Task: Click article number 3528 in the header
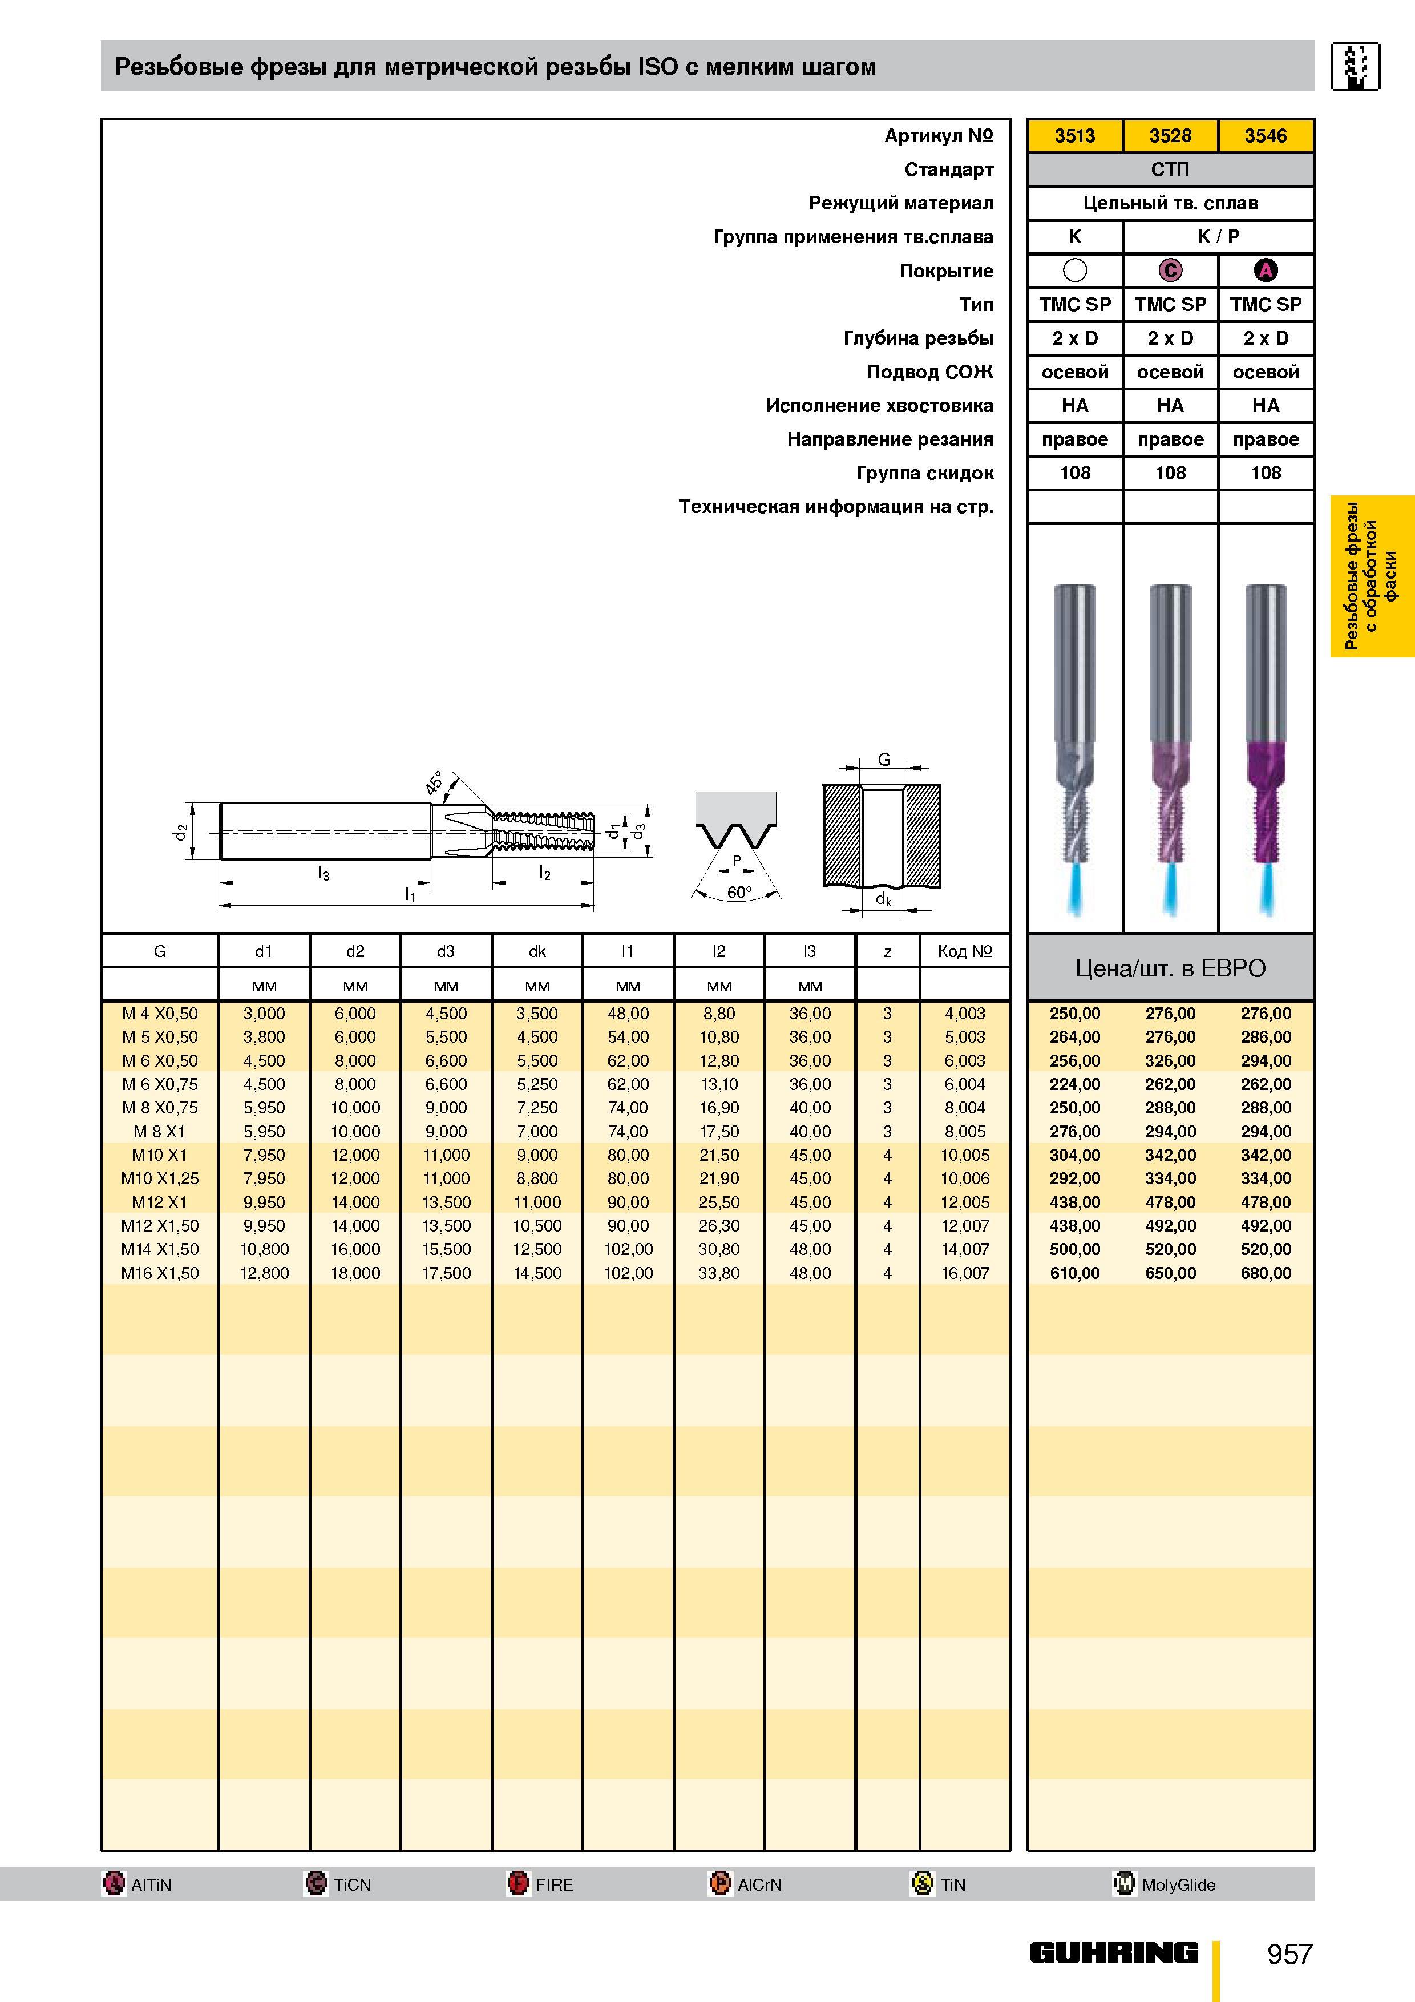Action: click(1170, 136)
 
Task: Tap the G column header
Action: click(160, 951)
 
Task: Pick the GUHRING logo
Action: click(1114, 1953)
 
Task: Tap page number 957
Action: click(1289, 1954)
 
